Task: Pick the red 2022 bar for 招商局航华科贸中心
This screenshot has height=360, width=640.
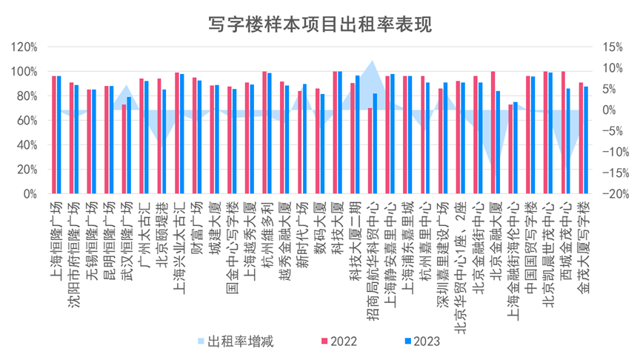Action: [x=370, y=151]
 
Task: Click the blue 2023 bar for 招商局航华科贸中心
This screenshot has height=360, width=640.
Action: [x=375, y=144]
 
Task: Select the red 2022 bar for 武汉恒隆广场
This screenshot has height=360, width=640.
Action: [x=124, y=150]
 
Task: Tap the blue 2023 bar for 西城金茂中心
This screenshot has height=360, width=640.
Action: [x=568, y=141]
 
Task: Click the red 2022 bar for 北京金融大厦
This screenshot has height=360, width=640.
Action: [x=493, y=133]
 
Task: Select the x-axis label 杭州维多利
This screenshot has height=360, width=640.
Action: [x=267, y=230]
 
